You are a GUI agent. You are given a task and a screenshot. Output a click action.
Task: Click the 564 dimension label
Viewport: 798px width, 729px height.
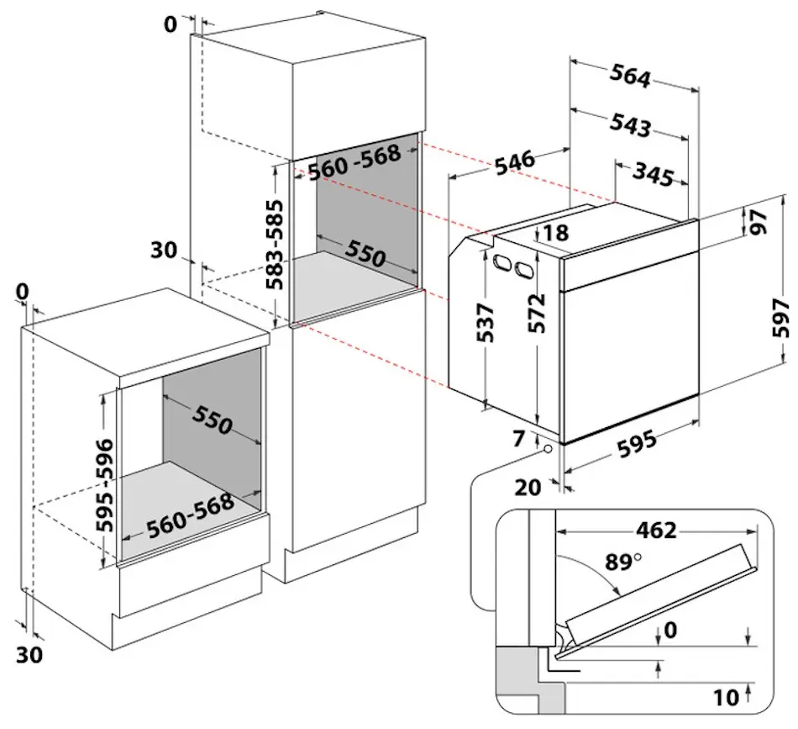pyautogui.click(x=630, y=77)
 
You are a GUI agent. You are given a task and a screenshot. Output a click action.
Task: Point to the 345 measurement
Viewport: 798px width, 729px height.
pyautogui.click(x=653, y=176)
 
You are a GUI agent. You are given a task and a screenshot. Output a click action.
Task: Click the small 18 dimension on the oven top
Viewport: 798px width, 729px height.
pyautogui.click(x=556, y=232)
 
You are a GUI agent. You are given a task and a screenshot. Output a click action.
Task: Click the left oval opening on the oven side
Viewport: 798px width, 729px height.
pyautogui.click(x=502, y=262)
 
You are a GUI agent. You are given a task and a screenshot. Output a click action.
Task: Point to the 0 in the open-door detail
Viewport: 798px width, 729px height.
pyautogui.click(x=669, y=630)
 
